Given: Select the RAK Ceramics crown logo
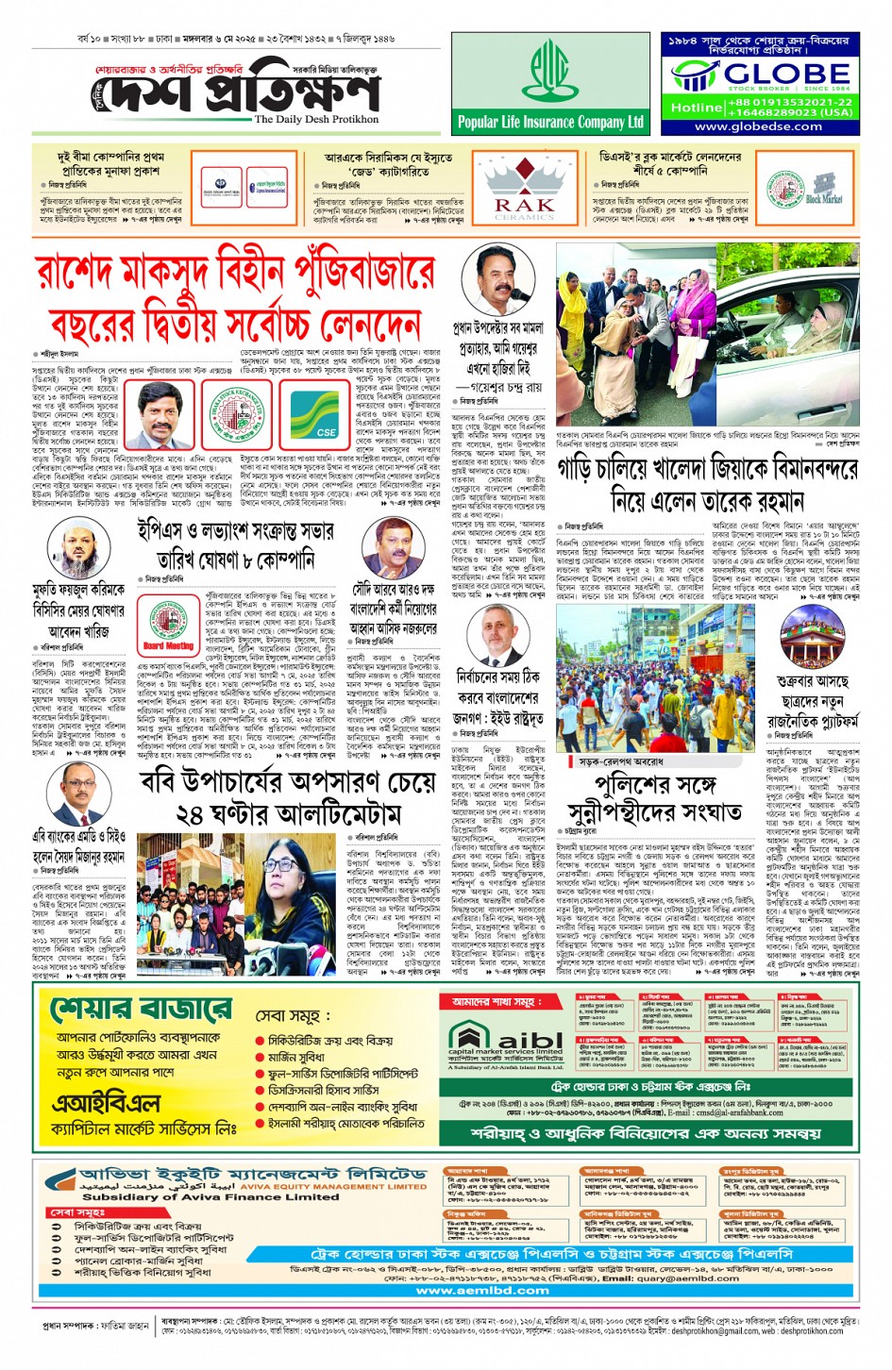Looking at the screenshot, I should click(x=524, y=186).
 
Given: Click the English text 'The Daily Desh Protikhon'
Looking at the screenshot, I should click(x=316, y=120).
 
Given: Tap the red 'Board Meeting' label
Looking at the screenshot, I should click(x=168, y=646).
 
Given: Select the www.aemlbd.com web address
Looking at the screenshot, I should click(x=482, y=1291).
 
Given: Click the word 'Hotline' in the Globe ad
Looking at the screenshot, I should click(x=697, y=108).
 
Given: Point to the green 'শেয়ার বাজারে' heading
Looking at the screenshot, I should click(x=141, y=1009).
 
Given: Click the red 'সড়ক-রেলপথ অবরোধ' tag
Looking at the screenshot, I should click(x=620, y=760).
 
